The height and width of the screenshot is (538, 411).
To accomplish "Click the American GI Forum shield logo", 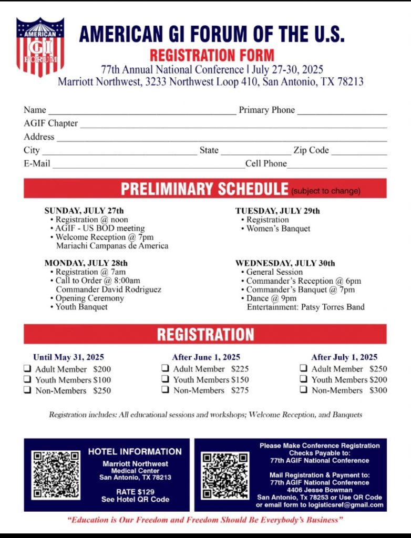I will [40, 46].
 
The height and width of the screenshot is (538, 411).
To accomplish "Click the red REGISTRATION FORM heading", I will [212, 55].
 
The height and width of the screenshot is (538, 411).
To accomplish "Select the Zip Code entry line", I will [359, 151].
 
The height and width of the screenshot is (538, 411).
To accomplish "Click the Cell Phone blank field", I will [337, 164].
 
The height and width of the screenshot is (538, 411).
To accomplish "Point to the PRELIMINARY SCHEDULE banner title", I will [204, 189].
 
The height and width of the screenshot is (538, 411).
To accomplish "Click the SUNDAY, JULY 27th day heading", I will [84, 211].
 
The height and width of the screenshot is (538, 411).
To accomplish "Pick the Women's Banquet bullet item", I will [278, 229].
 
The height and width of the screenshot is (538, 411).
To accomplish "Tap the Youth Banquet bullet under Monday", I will [81, 307].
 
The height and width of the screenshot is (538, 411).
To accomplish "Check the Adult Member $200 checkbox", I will [27, 369].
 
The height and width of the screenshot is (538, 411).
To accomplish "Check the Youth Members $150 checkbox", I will [165, 379].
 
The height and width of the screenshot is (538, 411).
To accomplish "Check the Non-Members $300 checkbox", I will [304, 390].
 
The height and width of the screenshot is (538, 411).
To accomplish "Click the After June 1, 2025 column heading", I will [206, 357].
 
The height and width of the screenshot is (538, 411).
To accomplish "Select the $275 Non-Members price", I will [240, 390].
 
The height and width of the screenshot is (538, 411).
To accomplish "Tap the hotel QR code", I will [56, 474].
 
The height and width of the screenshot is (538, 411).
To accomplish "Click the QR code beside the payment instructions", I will [225, 475].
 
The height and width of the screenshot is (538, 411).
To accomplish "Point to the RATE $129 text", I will [135, 491].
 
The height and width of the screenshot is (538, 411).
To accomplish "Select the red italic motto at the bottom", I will [205, 520].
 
